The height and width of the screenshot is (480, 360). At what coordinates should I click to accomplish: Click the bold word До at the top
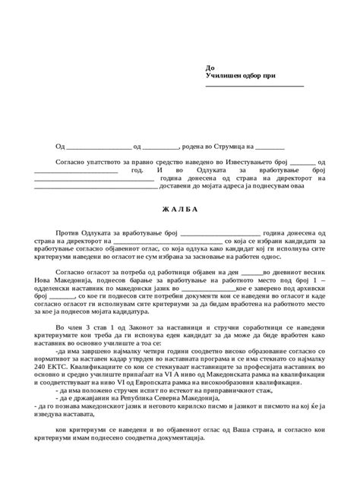coord(210,68)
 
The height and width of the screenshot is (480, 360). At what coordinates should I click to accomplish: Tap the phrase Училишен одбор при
coord(238,77)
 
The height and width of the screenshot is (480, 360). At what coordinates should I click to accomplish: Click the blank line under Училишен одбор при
coord(254,86)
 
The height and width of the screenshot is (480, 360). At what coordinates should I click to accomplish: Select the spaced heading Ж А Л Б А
coord(179,210)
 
